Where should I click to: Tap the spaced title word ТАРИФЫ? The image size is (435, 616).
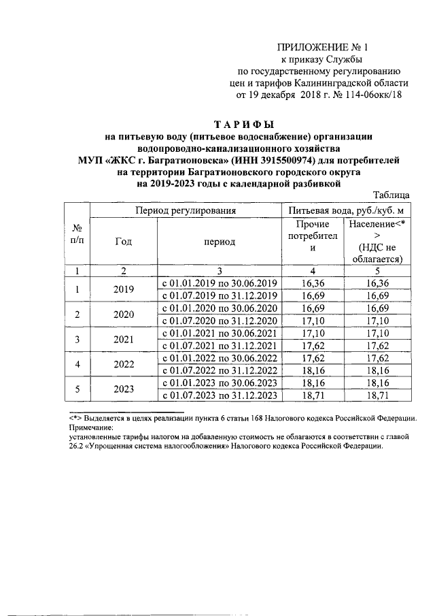click(243, 125)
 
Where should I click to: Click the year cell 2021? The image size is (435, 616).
click(124, 338)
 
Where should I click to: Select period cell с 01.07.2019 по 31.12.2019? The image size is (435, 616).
click(219, 295)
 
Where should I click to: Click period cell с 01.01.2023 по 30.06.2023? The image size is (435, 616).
click(219, 383)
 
